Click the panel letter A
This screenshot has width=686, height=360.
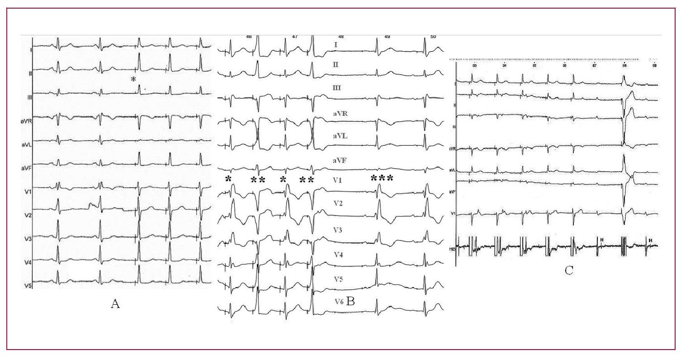coord(115,304)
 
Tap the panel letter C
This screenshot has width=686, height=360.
coord(569,271)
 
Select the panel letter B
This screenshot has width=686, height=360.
coord(351,301)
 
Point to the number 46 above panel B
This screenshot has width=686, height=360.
coord(249,37)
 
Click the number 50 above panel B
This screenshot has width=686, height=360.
coord(433,37)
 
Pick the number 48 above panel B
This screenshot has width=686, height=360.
coord(341,37)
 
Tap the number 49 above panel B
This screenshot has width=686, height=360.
coord(387,37)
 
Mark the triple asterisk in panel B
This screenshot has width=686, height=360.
coord(381,178)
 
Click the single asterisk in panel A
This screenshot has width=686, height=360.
coord(133,80)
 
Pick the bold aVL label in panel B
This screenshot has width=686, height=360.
coord(340,135)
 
